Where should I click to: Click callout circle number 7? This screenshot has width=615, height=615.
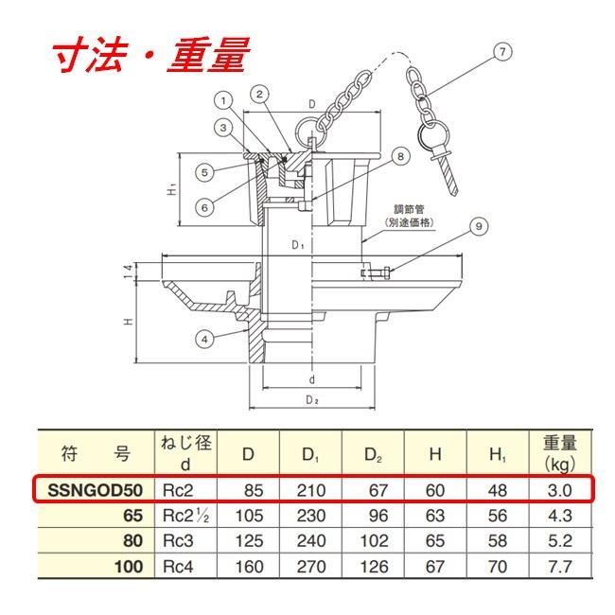point(502,52)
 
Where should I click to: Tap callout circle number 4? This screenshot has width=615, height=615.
point(204,339)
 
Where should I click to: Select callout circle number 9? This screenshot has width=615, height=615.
point(479,226)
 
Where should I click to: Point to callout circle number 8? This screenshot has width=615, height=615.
point(400,156)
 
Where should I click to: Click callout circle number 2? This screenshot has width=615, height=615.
point(259,94)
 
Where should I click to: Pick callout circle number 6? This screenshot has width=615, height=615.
point(204,207)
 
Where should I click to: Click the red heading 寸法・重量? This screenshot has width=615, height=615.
point(151,55)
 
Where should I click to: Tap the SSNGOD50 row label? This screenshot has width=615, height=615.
point(95,490)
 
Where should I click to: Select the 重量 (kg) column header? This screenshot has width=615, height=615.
point(560,453)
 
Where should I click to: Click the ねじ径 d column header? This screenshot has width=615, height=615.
point(185,453)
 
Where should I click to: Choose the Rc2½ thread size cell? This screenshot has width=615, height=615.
point(185,516)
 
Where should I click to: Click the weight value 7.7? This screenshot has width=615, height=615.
point(560,567)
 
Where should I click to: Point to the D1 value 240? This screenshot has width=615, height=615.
point(311,541)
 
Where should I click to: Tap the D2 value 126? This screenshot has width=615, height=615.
point(374,567)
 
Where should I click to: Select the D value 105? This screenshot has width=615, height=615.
point(249,516)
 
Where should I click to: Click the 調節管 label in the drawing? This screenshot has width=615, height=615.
point(409,209)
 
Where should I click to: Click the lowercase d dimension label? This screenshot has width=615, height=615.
point(312,379)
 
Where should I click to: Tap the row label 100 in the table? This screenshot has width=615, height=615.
point(129,567)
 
